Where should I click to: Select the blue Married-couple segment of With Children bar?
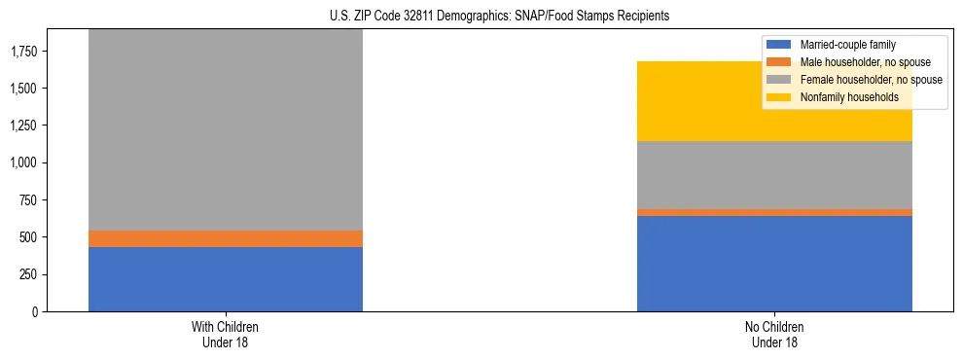click(226, 279)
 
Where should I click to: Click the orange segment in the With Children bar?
click(226, 238)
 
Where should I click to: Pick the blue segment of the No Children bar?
click(774, 264)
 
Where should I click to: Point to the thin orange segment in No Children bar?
click(774, 212)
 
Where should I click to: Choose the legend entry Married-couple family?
click(846, 45)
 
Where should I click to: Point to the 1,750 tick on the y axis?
click(23, 52)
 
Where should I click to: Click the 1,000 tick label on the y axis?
click(23, 163)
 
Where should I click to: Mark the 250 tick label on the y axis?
click(28, 274)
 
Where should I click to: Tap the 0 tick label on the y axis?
click(36, 312)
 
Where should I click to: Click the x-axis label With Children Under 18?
click(226, 334)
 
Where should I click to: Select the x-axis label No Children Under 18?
click(774, 334)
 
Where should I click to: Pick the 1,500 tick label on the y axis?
click(23, 89)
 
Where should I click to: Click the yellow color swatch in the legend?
click(779, 97)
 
